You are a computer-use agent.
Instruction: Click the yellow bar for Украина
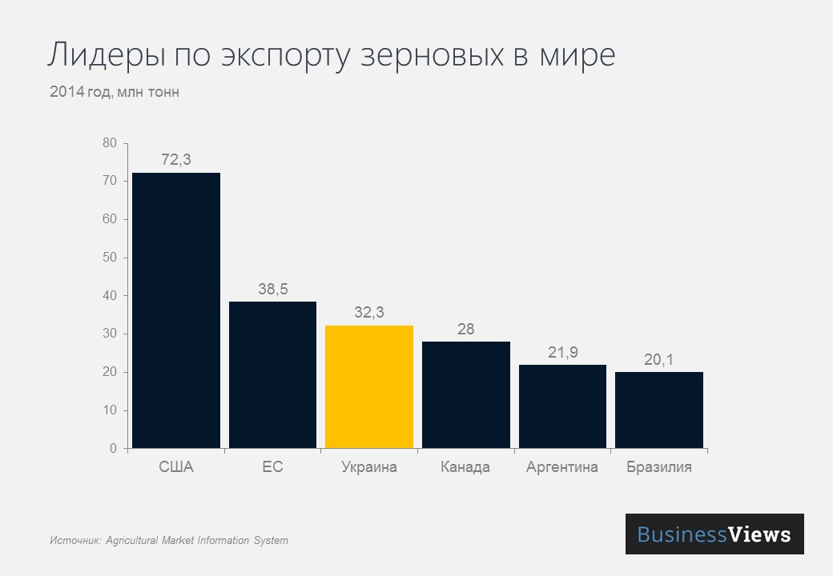coord(369,386)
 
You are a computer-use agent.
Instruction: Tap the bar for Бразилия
coord(658,410)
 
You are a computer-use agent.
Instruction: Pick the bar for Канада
coord(465,394)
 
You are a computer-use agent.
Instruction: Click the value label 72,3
coord(176,160)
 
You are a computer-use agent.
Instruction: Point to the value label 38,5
coord(272,290)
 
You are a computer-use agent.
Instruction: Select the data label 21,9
coord(562,353)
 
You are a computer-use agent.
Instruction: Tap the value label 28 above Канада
coord(465,330)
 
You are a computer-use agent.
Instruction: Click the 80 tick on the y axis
coord(110,143)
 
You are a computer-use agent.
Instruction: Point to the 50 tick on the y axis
coord(110,258)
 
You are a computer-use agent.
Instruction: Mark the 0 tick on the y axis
coord(113,449)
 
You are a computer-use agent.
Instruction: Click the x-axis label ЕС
coord(272,467)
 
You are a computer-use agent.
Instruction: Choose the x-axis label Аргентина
coord(562,467)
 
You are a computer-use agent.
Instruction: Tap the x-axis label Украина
coord(369,467)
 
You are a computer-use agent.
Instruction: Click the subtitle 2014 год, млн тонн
coord(115,92)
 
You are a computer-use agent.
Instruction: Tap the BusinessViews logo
coord(714,534)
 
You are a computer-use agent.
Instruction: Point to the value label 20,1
coord(658,360)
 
